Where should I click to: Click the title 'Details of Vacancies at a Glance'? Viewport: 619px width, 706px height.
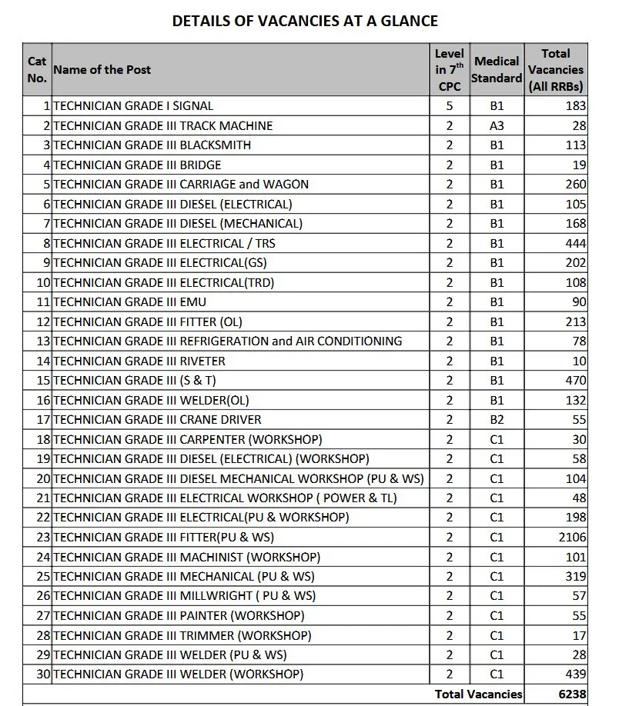click(305, 21)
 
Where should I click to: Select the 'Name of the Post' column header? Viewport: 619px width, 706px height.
click(102, 70)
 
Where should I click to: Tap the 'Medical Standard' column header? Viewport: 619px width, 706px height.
click(497, 69)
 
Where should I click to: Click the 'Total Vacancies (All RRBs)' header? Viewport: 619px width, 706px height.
click(555, 70)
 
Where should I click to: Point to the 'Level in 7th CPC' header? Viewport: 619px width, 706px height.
click(450, 70)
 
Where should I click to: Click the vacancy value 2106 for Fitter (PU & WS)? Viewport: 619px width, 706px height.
click(572, 538)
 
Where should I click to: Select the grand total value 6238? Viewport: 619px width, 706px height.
click(572, 694)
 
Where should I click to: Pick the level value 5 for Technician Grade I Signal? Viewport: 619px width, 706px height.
click(450, 106)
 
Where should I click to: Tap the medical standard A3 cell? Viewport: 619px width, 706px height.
click(497, 125)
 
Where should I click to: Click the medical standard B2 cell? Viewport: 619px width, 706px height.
click(497, 420)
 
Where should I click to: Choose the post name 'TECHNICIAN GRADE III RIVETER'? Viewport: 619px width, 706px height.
click(139, 361)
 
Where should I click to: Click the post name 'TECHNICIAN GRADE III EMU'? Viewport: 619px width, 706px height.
click(129, 302)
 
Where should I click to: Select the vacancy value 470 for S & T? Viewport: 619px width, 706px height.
click(575, 381)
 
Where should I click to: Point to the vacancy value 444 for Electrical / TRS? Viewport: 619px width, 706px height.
click(575, 243)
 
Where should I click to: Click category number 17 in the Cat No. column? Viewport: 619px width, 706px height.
click(43, 420)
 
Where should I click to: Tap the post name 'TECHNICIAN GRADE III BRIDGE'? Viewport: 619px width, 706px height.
click(137, 165)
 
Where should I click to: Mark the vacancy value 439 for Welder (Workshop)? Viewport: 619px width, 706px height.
click(575, 674)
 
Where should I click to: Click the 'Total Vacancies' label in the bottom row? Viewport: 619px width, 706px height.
click(478, 694)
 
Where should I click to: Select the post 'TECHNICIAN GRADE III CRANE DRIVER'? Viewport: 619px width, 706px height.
click(157, 420)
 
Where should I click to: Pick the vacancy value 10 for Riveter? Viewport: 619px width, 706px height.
click(579, 361)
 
